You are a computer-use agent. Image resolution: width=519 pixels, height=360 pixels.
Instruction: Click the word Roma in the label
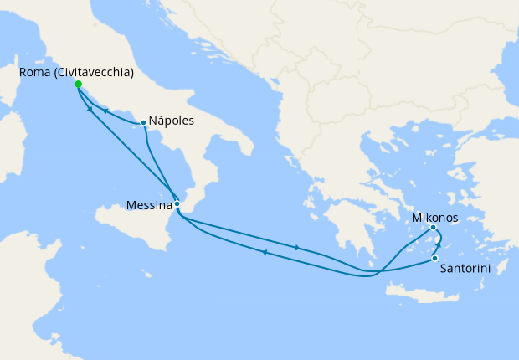pyautogui.click(x=34, y=73)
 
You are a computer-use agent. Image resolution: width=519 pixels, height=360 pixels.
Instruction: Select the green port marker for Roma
pyautogui.click(x=78, y=85)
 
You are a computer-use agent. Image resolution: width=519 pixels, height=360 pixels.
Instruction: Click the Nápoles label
pyautogui.click(x=172, y=121)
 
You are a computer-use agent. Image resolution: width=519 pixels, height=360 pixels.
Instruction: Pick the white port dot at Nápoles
pyautogui.click(x=144, y=123)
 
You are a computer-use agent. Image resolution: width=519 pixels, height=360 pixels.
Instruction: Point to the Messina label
pyautogui.click(x=148, y=204)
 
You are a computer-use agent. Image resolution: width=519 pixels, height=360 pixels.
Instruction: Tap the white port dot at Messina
pyautogui.click(x=177, y=203)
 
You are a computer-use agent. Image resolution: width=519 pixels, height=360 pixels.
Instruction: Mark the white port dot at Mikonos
pyautogui.click(x=433, y=228)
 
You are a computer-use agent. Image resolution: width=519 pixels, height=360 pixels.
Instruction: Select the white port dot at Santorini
pyautogui.click(x=435, y=258)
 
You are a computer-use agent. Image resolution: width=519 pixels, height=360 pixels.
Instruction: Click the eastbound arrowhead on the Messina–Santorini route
pyautogui.click(x=298, y=247)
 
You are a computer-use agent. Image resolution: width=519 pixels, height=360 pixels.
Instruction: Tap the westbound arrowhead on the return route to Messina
pyautogui.click(x=265, y=252)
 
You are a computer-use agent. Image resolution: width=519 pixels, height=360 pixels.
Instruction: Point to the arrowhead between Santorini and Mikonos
pyautogui.click(x=439, y=244)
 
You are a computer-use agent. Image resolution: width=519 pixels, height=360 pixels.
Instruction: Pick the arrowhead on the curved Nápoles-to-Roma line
pyautogui.click(x=105, y=111)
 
